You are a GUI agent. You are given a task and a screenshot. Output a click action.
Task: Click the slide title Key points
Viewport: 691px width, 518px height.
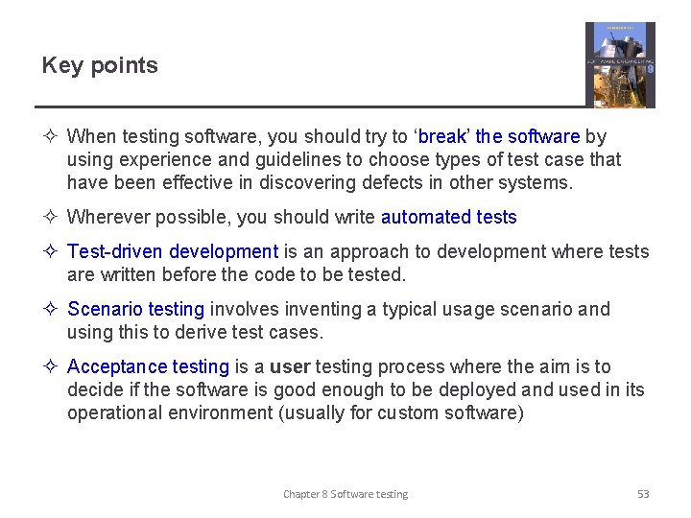coord(100,65)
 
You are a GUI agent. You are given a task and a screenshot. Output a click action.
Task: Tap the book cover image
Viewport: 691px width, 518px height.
coord(620,64)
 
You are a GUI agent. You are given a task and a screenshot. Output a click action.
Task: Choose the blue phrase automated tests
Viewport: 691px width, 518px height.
coord(448,217)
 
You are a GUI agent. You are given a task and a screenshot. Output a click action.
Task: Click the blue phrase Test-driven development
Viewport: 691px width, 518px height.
coord(173,251)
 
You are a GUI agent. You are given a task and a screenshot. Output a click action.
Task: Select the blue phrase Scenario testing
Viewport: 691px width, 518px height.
coord(135,309)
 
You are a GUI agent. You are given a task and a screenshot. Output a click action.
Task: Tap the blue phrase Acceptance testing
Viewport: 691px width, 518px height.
coord(148,366)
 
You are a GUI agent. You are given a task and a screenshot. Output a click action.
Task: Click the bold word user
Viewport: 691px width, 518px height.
coord(290,366)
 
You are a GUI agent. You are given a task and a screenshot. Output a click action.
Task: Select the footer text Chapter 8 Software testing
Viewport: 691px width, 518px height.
coord(345,494)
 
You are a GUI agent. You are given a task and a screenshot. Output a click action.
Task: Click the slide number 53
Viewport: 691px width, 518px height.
coord(643,494)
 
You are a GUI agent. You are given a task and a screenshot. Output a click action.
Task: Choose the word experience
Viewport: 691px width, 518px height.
coord(156,159)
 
